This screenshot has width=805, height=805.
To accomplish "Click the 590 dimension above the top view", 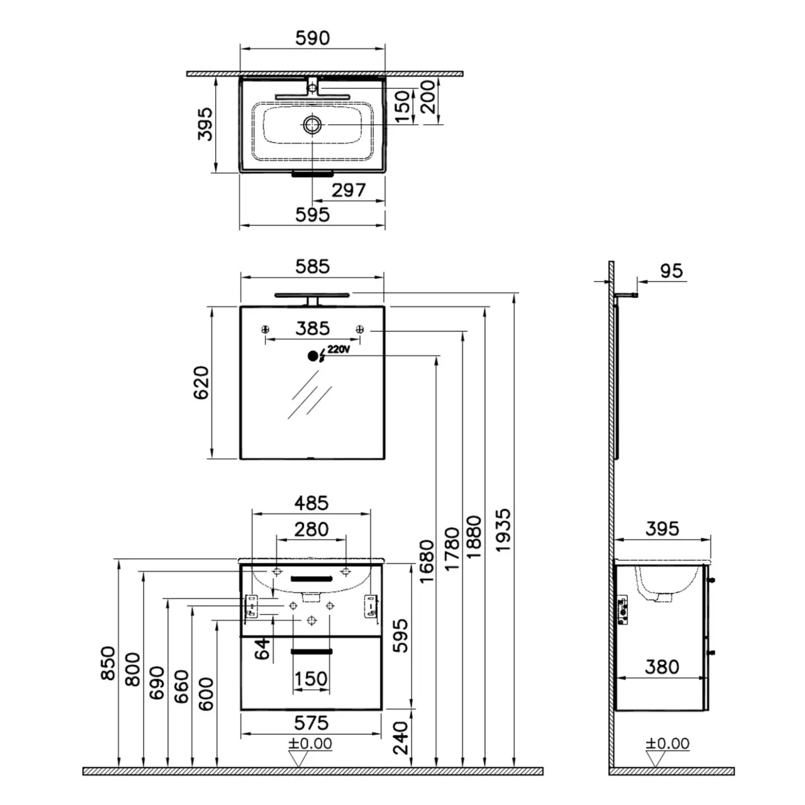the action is point(312,38).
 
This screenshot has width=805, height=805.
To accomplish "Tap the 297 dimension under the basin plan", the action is point(348,190).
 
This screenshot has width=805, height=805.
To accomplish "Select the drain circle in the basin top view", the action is point(312,124).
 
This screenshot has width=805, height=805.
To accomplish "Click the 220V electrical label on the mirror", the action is point(338,349).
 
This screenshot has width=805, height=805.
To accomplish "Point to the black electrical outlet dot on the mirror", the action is point(312,356).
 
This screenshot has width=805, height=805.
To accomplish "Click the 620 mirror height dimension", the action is point(201,383).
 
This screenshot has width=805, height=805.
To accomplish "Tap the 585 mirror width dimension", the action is point(312,267).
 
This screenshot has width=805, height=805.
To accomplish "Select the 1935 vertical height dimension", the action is point(503,530).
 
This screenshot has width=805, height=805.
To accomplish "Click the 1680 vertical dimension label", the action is point(427,561).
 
